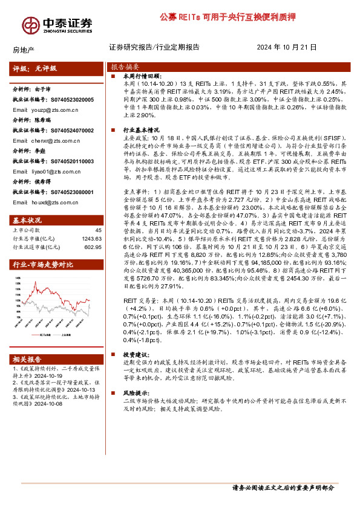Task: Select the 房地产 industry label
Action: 23,48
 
